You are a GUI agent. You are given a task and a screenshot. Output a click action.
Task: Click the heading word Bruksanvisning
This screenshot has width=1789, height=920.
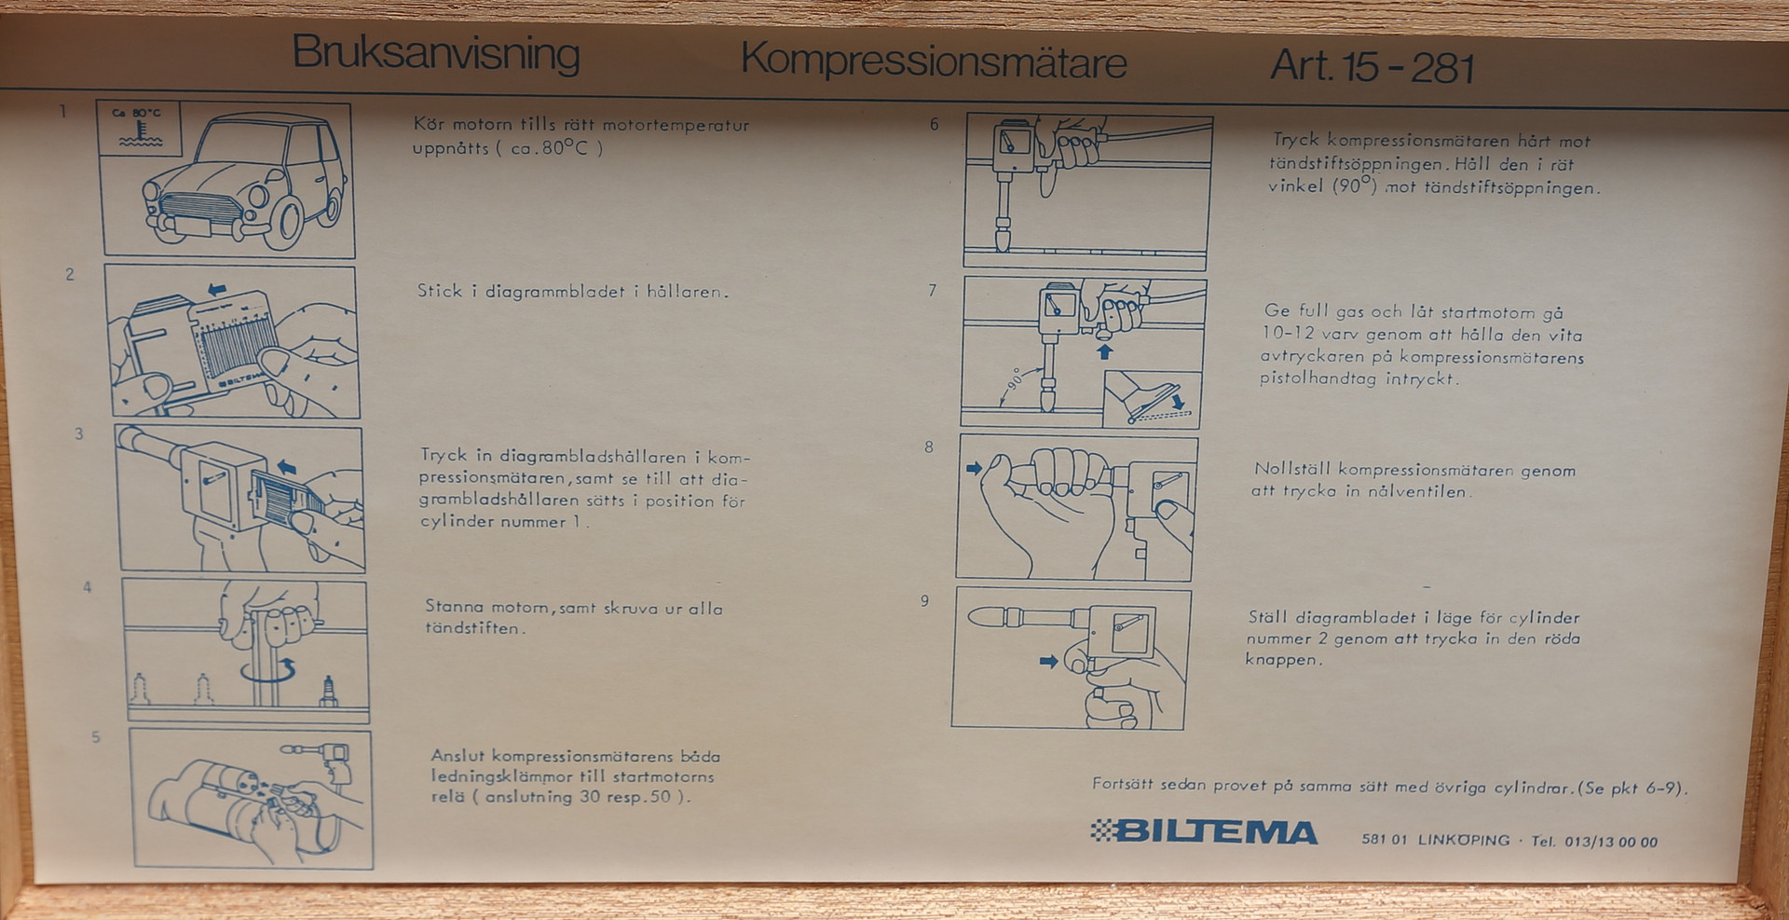[x=436, y=54]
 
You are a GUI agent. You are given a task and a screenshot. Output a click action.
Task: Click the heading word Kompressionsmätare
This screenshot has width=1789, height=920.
[x=934, y=62]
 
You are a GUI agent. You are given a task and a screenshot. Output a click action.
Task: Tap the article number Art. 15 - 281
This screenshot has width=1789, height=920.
[x=1372, y=67]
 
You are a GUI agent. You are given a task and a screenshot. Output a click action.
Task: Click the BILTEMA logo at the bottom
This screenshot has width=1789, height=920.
[x=1204, y=831]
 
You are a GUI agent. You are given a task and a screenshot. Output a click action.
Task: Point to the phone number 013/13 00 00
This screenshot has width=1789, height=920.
[x=1611, y=842]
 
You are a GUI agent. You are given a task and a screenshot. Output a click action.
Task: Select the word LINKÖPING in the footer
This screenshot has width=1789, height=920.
[x=1463, y=840]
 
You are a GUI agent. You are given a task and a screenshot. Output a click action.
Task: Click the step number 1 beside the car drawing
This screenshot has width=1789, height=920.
[x=63, y=112]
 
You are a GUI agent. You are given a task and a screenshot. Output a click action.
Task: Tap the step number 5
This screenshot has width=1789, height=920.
[x=96, y=737]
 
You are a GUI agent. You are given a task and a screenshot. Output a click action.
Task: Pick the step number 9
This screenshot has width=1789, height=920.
[x=924, y=601]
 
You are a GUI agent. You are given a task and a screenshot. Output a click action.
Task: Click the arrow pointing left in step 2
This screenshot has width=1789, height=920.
[x=217, y=290]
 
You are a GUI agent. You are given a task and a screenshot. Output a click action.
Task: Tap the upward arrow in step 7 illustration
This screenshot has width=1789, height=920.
[x=1106, y=351]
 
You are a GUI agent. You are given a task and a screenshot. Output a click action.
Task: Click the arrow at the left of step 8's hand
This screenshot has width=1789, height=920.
[x=975, y=468]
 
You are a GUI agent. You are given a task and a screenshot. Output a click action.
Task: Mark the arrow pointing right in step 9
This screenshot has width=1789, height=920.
[x=1049, y=662]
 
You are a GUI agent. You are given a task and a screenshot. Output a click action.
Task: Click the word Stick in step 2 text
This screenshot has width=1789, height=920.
[x=440, y=291]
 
